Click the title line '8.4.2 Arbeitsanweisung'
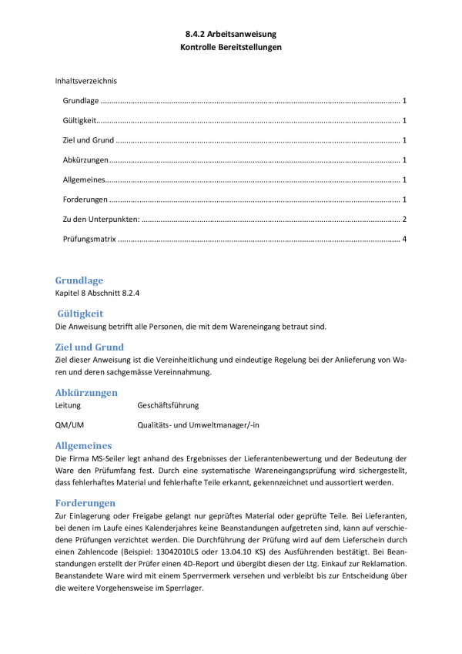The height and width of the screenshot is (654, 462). pyautogui.click(x=230, y=35)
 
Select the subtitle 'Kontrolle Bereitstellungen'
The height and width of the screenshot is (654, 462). pyautogui.click(x=230, y=47)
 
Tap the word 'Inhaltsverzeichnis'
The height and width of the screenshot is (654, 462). pyautogui.click(x=85, y=80)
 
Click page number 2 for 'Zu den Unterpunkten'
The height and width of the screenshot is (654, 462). pyautogui.click(x=404, y=220)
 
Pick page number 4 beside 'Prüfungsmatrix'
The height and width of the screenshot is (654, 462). pyautogui.click(x=404, y=240)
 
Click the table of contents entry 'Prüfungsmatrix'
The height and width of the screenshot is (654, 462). pyautogui.click(x=89, y=240)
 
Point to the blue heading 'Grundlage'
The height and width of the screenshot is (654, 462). pyautogui.click(x=79, y=280)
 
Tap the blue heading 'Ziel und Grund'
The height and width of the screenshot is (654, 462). pyautogui.click(x=89, y=347)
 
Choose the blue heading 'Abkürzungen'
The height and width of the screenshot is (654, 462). pyautogui.click(x=86, y=393)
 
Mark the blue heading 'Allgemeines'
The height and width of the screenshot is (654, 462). pyautogui.click(x=83, y=445)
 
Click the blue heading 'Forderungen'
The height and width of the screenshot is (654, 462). pyautogui.click(x=85, y=502)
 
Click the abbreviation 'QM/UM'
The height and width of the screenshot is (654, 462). pyautogui.click(x=70, y=424)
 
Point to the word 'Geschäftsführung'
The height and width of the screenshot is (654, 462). pyautogui.click(x=168, y=405)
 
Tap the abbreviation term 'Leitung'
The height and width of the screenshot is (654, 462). pyautogui.click(x=68, y=405)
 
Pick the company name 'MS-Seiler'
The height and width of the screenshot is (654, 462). pyautogui.click(x=109, y=458)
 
